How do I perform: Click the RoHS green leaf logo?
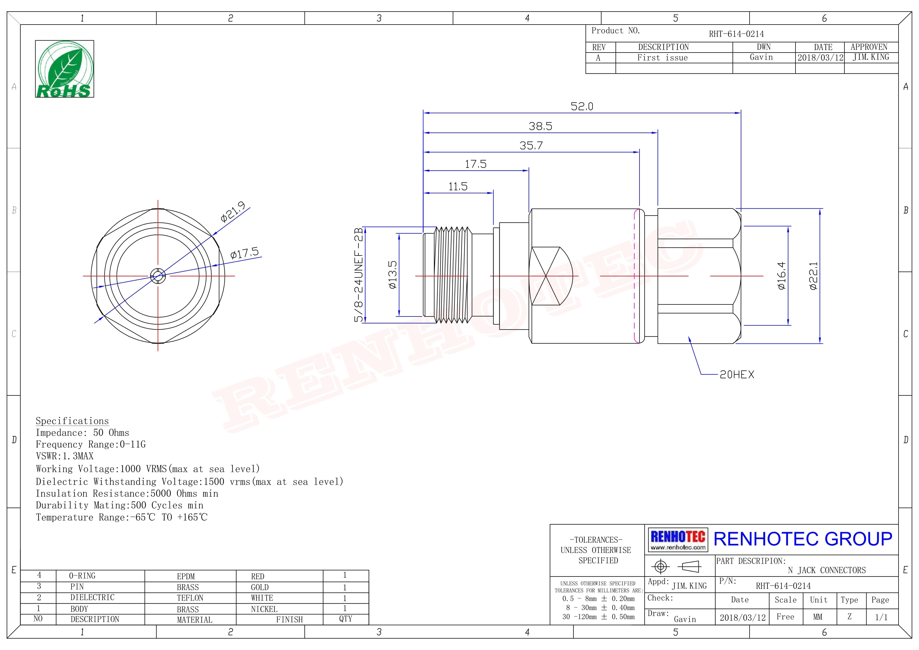click(x=64, y=69)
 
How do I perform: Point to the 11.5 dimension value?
click(x=458, y=187)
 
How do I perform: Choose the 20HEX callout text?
click(x=737, y=375)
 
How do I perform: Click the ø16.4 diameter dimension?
click(x=781, y=276)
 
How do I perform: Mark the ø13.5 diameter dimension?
click(x=393, y=275)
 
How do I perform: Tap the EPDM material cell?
click(x=186, y=576)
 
